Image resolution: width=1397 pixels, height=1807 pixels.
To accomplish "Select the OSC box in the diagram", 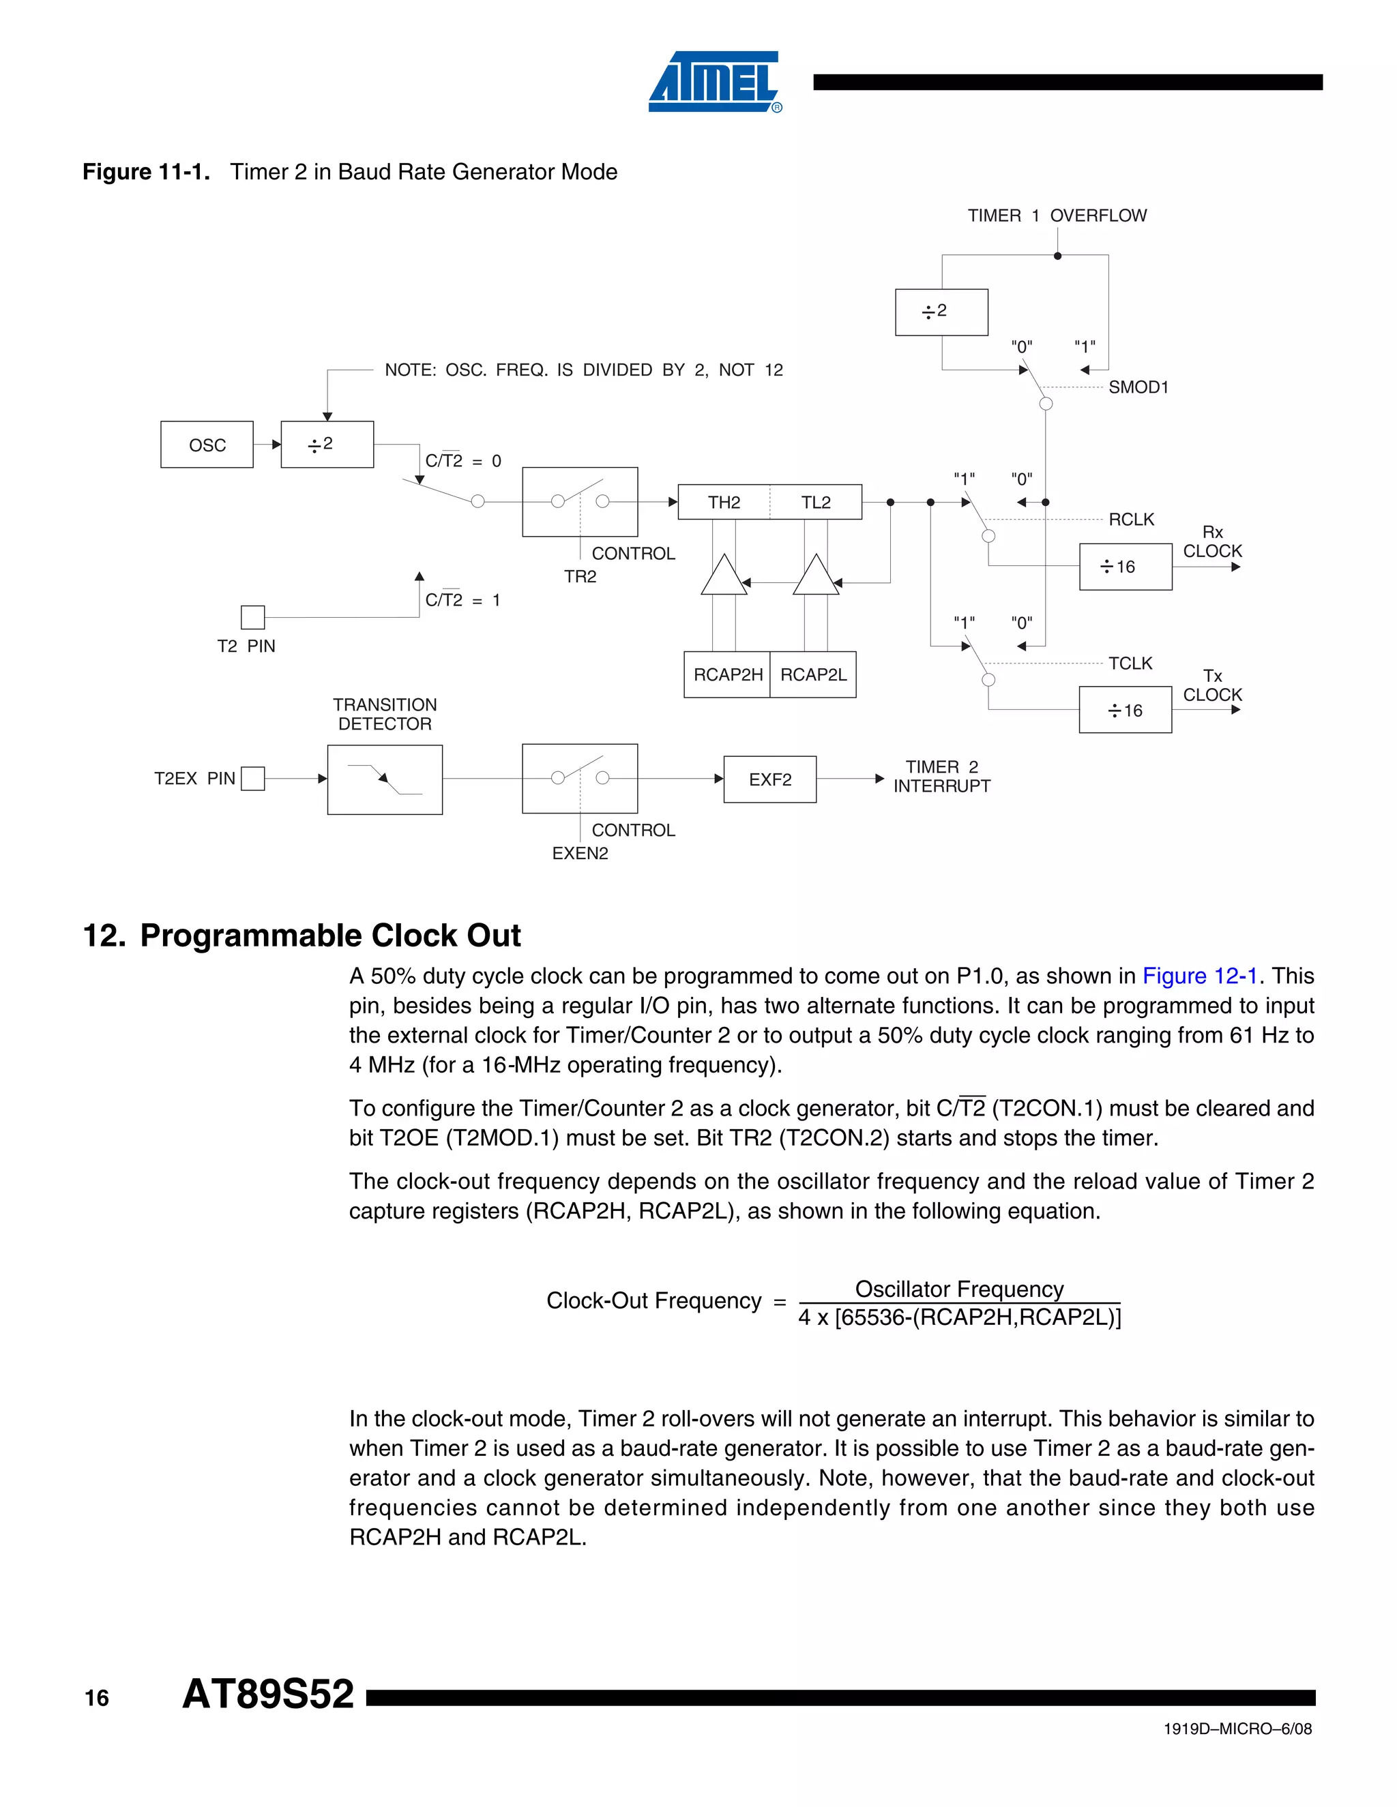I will click(x=207, y=445).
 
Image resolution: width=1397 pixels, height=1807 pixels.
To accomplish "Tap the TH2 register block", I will click(x=724, y=503).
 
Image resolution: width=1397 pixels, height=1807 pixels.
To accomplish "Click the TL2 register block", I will click(x=816, y=503).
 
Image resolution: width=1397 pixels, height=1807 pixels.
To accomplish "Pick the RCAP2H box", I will click(x=727, y=674).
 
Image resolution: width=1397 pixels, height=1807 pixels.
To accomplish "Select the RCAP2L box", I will click(x=814, y=674).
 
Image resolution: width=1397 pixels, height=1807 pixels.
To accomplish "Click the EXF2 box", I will click(x=769, y=779).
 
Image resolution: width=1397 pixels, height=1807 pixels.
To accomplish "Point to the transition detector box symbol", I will click(x=385, y=779).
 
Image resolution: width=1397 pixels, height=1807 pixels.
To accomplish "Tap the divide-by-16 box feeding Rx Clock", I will click(x=1126, y=567).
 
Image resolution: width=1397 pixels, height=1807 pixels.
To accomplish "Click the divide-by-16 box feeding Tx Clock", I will click(x=1126, y=710).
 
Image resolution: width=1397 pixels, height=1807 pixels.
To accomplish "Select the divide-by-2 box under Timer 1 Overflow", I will click(x=942, y=312).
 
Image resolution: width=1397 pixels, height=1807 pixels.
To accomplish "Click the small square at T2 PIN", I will click(x=252, y=617).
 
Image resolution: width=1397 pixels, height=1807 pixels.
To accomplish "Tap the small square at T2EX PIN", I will click(x=252, y=779).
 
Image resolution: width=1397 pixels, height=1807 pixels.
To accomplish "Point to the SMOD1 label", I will click(x=1138, y=387).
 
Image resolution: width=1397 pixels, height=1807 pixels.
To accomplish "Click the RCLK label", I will click(x=1132, y=520).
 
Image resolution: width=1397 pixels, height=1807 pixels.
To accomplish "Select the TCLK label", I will click(x=1130, y=663).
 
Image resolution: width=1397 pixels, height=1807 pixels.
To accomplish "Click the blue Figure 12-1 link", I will click(x=1199, y=976).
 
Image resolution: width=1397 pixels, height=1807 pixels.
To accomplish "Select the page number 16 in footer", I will click(x=97, y=1699).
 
